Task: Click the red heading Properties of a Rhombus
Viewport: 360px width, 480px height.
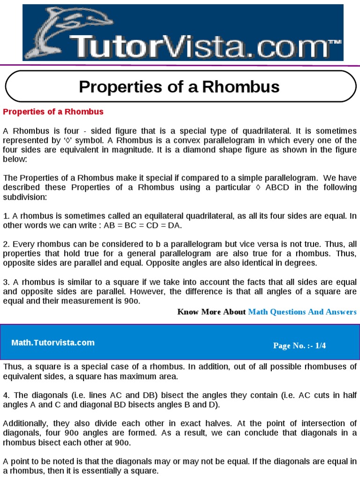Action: (x=53, y=112)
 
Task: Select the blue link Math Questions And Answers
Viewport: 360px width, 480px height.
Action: (x=302, y=312)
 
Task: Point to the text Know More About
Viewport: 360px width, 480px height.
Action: (x=211, y=312)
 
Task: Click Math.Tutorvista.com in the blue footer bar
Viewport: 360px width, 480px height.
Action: (x=53, y=343)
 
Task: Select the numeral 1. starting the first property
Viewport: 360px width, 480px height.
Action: (x=6, y=216)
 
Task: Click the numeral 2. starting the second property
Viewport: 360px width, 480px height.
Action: (x=6, y=244)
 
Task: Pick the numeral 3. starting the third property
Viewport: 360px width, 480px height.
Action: (x=6, y=282)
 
